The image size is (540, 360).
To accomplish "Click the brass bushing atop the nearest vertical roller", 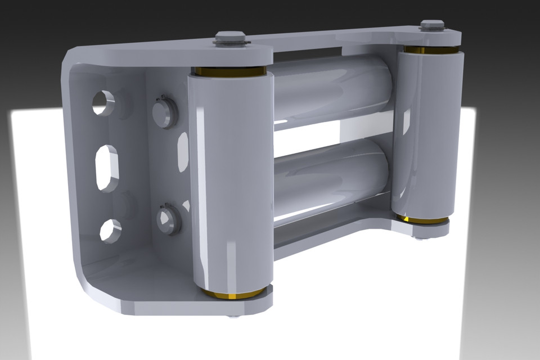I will coord(230,71).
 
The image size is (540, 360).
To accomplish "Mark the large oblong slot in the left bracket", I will coord(107,168).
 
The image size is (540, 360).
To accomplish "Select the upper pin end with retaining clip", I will coord(165,111).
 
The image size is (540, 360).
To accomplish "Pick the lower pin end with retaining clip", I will coord(168,219).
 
